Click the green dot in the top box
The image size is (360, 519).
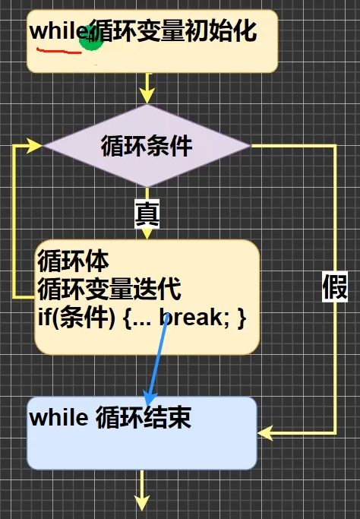point(92,38)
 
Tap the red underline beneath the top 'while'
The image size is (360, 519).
point(59,51)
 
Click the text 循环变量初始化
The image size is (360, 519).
point(173,31)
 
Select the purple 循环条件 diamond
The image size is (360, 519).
point(147,146)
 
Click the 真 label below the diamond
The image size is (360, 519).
point(147,214)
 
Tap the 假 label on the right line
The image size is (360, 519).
point(335,287)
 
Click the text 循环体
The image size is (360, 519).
point(74,261)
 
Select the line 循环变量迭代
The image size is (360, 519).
point(109,289)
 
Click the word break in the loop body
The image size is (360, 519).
point(191,317)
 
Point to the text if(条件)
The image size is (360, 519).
point(77,317)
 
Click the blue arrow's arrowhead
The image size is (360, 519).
point(150,396)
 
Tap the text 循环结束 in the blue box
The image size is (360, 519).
point(144,417)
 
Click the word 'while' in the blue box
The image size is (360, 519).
point(59,417)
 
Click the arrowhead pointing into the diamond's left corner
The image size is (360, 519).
point(35,146)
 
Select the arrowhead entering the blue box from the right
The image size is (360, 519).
point(265,433)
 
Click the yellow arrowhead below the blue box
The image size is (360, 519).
point(142,503)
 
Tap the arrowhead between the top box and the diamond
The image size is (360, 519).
point(147,96)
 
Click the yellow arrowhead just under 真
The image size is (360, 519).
point(147,234)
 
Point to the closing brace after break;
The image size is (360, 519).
point(242,318)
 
